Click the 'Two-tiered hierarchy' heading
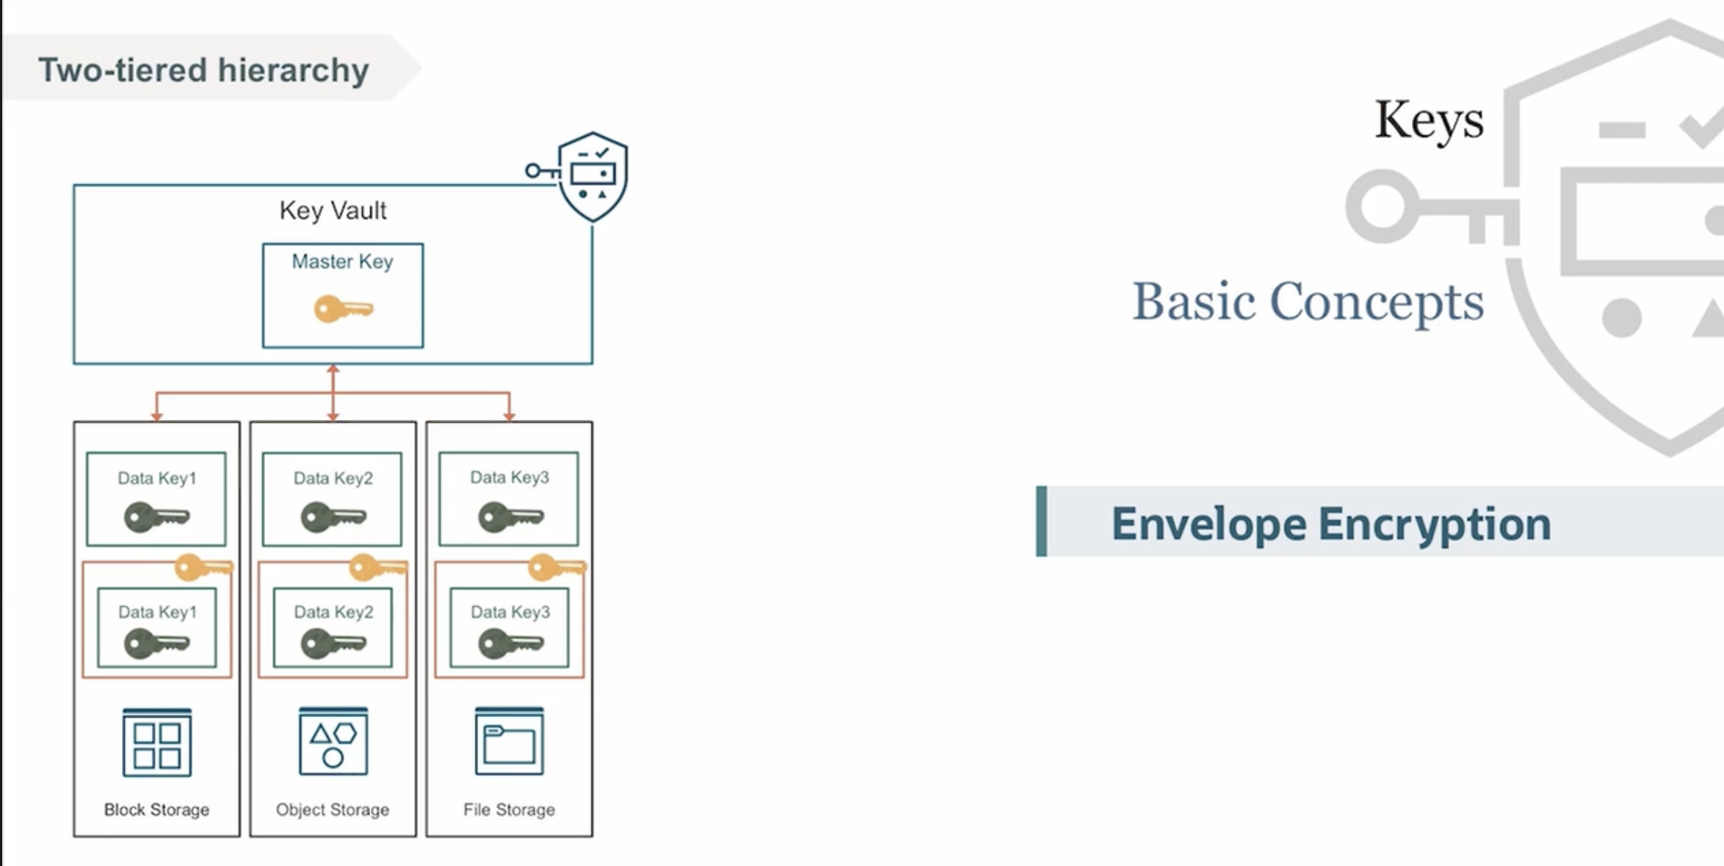coord(203,70)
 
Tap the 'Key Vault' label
coord(333,211)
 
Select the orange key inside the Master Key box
coord(343,309)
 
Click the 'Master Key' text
coord(342,261)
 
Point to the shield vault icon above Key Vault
coord(592,175)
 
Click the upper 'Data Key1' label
coord(157,479)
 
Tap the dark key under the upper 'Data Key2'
coord(333,517)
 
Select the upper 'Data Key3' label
coord(510,478)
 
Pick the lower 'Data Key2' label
coord(333,612)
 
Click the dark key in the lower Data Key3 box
coord(510,644)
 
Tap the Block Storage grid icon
coord(157,743)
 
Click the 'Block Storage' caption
coord(156,809)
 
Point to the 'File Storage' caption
coord(509,809)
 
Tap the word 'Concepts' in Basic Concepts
coord(1376,302)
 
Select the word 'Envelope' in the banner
coord(1209,524)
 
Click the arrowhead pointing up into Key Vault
coord(333,369)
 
